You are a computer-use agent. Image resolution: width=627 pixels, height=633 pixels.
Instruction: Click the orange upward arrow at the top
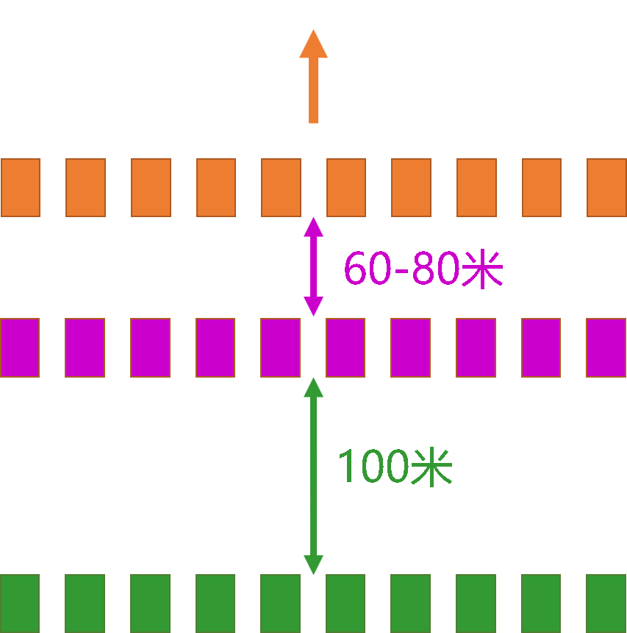point(313,77)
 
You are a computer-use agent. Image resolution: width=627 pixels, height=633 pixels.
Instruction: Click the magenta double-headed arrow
point(313,266)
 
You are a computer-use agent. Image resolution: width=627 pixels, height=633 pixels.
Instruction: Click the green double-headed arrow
point(313,475)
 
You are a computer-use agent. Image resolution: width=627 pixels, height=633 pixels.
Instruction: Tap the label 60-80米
point(423,269)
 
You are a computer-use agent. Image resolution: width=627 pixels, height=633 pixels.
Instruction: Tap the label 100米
point(394,467)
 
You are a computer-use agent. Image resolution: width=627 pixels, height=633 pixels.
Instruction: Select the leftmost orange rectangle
point(20,188)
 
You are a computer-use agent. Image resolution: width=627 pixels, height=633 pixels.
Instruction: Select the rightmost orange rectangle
point(606,188)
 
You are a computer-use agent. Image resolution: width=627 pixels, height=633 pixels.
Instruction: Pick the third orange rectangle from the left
point(151,188)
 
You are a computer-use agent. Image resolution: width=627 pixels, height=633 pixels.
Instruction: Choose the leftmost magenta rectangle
point(20,347)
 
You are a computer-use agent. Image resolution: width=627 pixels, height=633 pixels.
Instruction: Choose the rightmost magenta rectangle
point(606,347)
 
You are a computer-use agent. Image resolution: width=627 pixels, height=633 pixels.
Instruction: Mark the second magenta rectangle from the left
point(85,347)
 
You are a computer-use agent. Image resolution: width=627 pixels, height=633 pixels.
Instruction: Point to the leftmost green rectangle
point(20,603)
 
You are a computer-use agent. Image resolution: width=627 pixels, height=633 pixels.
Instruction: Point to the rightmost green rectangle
point(606,603)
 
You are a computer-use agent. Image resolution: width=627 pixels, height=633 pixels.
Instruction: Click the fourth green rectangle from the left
point(215,603)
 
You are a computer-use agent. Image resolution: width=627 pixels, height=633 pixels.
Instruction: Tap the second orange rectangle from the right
point(542,188)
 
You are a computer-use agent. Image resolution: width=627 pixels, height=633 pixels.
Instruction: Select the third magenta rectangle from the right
point(476,347)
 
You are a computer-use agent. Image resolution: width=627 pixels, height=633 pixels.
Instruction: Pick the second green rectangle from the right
point(541,603)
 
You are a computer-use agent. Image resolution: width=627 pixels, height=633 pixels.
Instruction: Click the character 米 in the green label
point(431,467)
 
